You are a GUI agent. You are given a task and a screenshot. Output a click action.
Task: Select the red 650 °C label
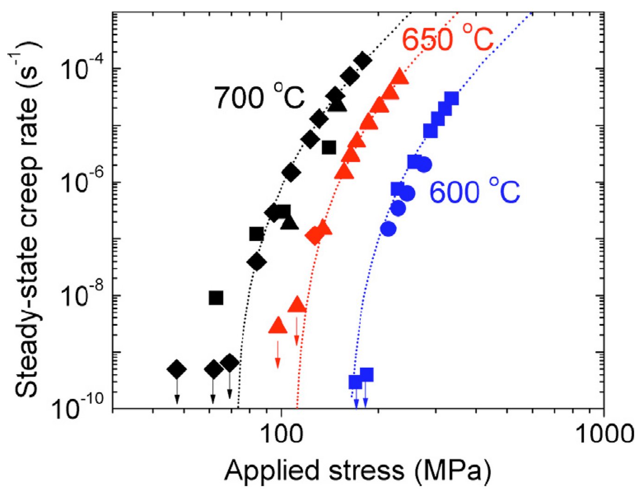tap(447, 39)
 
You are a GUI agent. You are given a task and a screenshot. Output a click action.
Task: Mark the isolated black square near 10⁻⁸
tap(216, 298)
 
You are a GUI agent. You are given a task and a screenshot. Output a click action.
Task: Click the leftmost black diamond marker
tap(177, 369)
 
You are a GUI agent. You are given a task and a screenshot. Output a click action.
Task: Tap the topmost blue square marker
tap(451, 98)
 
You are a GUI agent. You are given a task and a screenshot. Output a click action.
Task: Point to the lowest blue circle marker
tap(388, 228)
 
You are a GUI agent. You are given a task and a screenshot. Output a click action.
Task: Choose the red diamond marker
tap(314, 235)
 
